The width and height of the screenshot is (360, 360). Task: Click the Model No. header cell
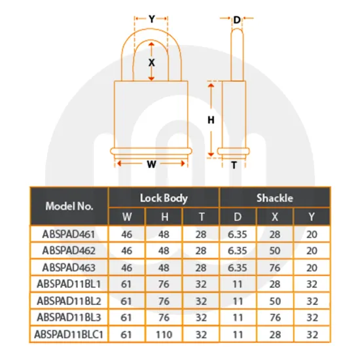point(69,206)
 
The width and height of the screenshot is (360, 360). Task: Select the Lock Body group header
point(164,197)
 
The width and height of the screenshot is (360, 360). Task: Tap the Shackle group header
point(274,197)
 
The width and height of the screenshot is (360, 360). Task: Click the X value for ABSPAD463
point(274,267)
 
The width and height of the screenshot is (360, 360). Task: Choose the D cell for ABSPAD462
point(237,250)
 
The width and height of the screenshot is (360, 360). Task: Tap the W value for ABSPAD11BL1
point(126,284)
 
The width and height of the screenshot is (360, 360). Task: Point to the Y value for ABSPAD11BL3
point(311,318)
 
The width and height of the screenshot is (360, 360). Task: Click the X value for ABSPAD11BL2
point(274,301)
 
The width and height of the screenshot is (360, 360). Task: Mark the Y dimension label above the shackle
point(152,19)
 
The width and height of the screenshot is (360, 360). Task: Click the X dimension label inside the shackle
point(152,62)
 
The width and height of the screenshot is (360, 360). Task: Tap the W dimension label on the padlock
point(151,165)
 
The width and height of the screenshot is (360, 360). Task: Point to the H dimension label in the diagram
point(211,120)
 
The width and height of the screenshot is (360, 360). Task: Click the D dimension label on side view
point(237,20)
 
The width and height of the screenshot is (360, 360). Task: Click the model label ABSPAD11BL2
point(69,301)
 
